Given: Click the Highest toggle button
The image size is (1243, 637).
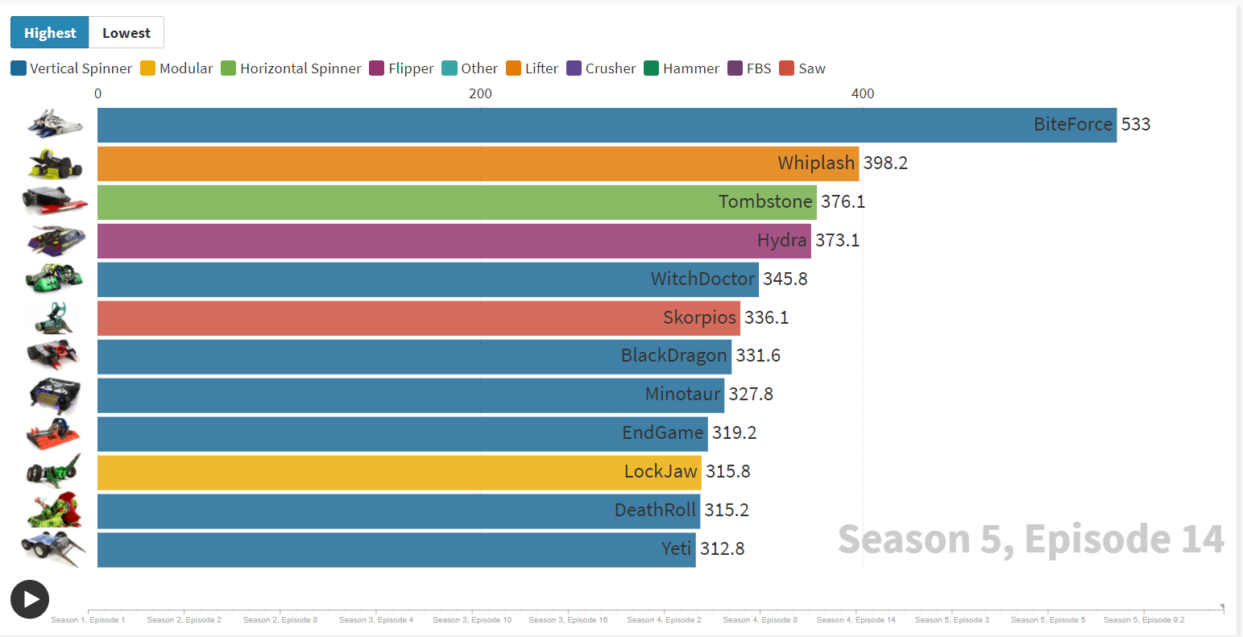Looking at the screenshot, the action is [x=49, y=33].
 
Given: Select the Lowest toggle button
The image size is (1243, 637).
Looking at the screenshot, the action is [x=126, y=33].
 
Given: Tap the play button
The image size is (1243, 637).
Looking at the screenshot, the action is [x=30, y=599].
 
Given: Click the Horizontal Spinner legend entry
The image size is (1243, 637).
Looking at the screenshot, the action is [x=291, y=68].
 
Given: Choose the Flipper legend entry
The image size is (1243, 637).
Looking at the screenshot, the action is [x=401, y=68].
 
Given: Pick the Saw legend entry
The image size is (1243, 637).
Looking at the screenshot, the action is [x=802, y=68].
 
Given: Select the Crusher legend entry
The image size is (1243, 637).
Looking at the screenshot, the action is [x=601, y=68].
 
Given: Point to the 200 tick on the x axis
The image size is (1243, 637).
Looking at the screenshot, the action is [x=480, y=93].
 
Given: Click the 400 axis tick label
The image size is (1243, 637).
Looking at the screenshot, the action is [x=862, y=93].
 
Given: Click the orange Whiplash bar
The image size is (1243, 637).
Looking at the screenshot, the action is [x=479, y=163].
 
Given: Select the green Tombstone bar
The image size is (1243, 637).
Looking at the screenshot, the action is [x=458, y=202].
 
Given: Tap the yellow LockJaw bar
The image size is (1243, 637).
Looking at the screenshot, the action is [x=400, y=473].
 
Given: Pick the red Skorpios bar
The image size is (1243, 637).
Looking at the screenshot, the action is [x=419, y=319].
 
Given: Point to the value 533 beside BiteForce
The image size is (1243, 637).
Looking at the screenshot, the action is [x=1135, y=124].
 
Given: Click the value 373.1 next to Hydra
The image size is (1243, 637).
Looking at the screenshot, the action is [x=837, y=240].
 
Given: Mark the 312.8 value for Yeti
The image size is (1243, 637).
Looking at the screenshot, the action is [x=722, y=548].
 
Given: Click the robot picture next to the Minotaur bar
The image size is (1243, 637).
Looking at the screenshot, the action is [x=55, y=395].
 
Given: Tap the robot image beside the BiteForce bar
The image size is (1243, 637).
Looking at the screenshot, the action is [x=55, y=123].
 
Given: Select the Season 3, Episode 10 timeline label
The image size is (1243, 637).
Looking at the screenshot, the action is [x=472, y=620].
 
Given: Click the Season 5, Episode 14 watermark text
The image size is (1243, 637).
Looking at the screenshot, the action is [x=1030, y=539].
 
